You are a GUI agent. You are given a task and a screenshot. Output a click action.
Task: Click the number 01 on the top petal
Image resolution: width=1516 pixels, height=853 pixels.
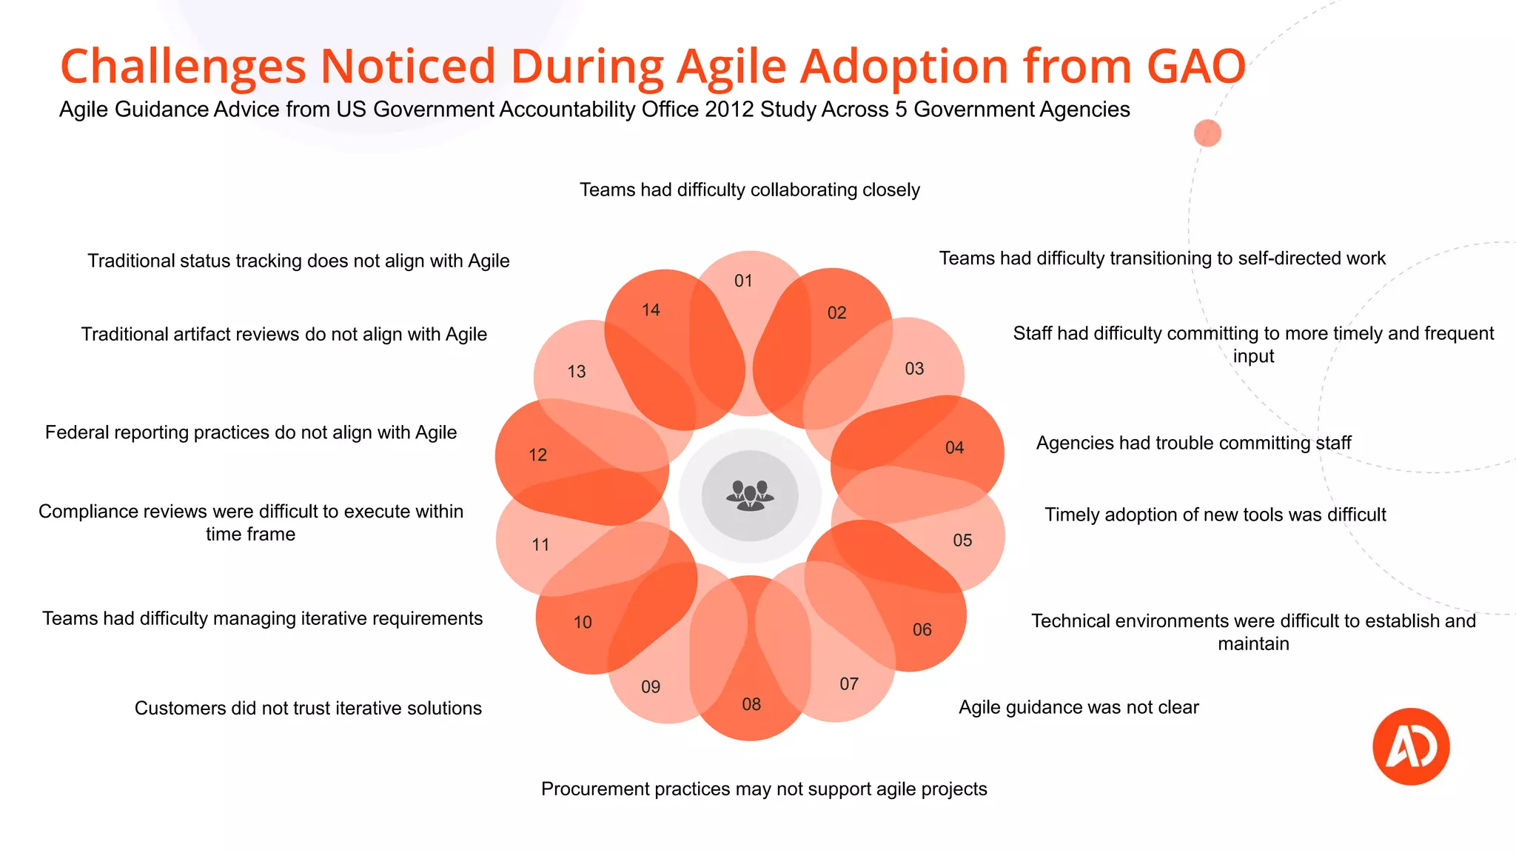coord(743,281)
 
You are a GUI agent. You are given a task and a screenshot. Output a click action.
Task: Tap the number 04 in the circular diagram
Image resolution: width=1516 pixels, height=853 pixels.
coord(954,447)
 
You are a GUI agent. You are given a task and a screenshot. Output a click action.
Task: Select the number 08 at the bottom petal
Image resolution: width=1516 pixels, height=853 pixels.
coord(751,704)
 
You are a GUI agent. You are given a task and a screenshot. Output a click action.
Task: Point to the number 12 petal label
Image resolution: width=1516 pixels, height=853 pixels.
coord(537,455)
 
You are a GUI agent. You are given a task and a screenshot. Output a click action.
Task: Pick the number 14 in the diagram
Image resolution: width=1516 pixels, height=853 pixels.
coord(651,310)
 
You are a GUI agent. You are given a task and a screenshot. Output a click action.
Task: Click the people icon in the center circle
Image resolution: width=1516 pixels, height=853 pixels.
coord(750,495)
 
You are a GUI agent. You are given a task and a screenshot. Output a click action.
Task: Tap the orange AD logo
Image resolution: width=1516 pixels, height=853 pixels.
coord(1410,746)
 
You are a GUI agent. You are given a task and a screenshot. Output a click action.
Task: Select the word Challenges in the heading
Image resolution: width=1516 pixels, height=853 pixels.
coord(183,67)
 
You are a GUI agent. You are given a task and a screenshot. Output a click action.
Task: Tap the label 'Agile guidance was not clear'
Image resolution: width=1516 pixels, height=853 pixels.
coord(1079,707)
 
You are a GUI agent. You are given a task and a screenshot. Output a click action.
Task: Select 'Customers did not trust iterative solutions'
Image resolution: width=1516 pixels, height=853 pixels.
coord(308,708)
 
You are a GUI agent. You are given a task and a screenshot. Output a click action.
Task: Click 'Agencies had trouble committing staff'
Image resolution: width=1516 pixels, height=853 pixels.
coord(1193,443)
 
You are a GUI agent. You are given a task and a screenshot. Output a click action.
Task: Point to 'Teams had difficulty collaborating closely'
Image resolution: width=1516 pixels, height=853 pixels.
coord(749,190)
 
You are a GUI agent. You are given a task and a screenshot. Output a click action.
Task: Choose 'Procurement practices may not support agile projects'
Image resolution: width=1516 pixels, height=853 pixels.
coord(764,789)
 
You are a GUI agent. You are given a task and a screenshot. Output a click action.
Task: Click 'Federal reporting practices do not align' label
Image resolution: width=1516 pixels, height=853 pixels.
coord(251,432)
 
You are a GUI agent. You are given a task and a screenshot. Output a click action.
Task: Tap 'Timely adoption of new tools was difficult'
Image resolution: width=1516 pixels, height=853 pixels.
coord(1215,515)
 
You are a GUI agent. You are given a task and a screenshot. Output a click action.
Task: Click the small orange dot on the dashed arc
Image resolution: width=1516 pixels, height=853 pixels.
coord(1207,133)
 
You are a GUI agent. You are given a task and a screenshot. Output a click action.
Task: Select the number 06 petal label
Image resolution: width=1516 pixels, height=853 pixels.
coord(922,629)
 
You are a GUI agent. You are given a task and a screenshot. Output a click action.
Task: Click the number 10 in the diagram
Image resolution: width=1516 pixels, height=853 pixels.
coord(583,622)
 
